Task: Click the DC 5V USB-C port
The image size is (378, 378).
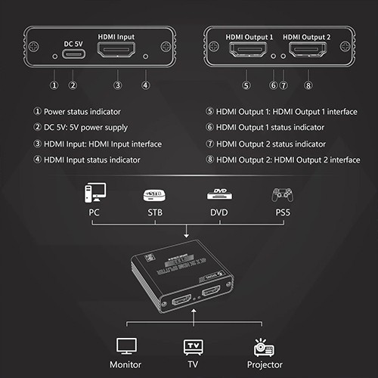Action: point(73,55)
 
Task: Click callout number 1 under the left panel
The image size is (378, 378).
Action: point(54,85)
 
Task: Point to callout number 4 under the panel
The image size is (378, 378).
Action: point(145,85)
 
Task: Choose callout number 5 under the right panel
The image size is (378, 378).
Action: point(246,85)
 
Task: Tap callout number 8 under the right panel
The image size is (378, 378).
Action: point(308,85)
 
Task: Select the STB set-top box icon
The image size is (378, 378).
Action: point(153,194)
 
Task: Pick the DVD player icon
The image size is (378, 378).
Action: point(218,194)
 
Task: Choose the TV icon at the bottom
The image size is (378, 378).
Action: point(193,346)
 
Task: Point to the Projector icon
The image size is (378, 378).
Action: point(264,346)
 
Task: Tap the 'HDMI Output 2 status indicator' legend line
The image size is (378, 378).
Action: point(275,144)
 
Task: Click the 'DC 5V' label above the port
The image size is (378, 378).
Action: point(73,36)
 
